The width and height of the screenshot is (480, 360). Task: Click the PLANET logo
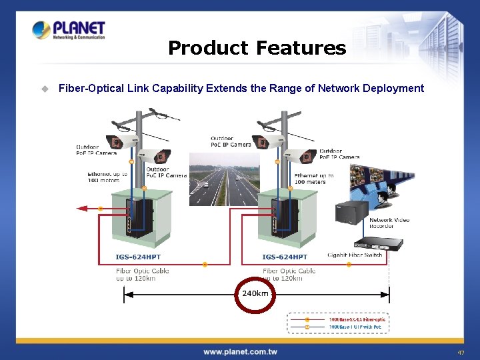tap(69, 30)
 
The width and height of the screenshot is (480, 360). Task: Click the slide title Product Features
tap(257, 48)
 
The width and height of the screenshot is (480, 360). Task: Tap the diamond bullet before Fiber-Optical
tap(45, 88)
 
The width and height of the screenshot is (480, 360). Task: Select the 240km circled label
tap(255, 293)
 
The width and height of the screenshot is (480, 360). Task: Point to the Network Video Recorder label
tap(389, 223)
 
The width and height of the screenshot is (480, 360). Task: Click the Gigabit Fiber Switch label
tap(355, 255)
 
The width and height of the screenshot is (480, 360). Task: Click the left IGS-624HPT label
tap(138, 257)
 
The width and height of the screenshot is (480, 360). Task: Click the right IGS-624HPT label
tap(285, 257)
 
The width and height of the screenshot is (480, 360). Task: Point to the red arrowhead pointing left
tap(83, 209)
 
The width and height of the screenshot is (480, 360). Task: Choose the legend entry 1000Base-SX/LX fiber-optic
tap(357, 319)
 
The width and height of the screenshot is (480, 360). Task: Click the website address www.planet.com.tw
tap(240, 351)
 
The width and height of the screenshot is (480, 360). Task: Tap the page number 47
tap(461, 352)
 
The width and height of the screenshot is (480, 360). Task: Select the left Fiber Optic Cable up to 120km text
tap(142, 274)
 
